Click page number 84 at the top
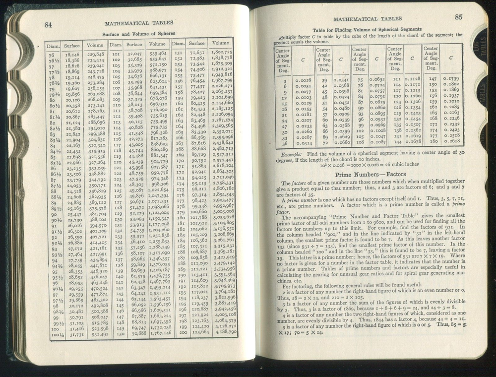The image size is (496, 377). click(49, 26)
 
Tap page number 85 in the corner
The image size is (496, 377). click(458, 17)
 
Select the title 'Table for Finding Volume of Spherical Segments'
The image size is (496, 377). click(367, 30)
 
